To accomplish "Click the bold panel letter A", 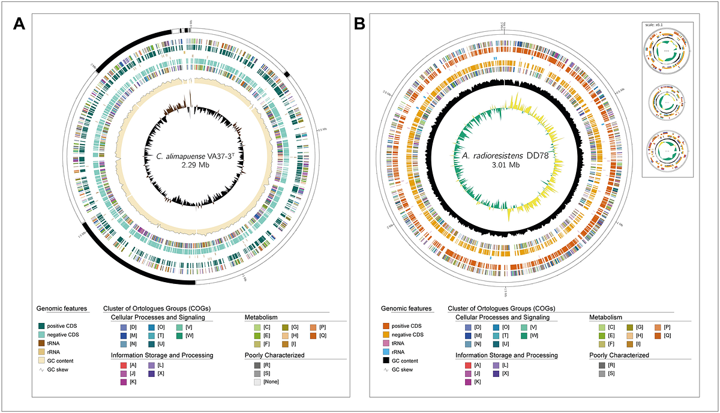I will tap(20, 25).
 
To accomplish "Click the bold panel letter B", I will tap(360, 25).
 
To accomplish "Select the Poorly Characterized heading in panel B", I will tap(619, 355).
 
